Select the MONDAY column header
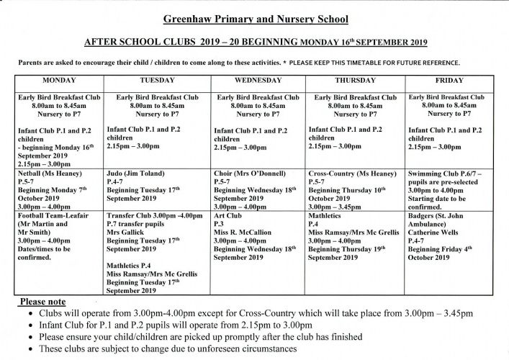click(x=60, y=81)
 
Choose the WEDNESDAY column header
click(x=258, y=81)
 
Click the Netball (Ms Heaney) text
click(x=50, y=174)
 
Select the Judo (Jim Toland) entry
click(x=138, y=174)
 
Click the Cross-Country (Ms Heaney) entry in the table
click(x=352, y=174)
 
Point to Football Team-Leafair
click(x=57, y=215)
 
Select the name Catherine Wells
click(x=436, y=233)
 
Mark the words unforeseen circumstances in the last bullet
click(x=246, y=348)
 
